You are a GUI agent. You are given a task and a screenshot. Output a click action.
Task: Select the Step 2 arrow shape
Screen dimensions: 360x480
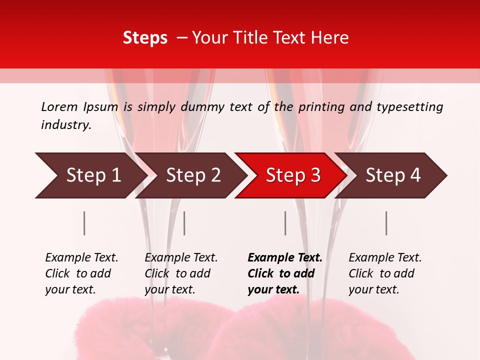pyautogui.click(x=192, y=175)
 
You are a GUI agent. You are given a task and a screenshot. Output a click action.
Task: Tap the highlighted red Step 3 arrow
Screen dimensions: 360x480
pyautogui.click(x=292, y=175)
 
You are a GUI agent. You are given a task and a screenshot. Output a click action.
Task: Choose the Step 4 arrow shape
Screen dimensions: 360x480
pyautogui.click(x=392, y=175)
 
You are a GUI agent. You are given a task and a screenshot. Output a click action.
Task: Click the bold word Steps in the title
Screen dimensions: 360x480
pyautogui.click(x=145, y=38)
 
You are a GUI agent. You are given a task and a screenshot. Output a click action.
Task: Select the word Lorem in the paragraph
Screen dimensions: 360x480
pyautogui.click(x=59, y=106)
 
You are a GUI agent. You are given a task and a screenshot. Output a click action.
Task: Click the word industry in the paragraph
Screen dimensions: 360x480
pyautogui.click(x=66, y=124)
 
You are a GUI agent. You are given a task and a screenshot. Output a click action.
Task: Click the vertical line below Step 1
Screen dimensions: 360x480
pyautogui.click(x=84, y=223)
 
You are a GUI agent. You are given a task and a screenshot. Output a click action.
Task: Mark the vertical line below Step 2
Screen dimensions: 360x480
pyautogui.click(x=184, y=223)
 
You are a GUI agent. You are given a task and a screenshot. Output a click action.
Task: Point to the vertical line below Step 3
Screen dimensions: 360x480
pyautogui.click(x=285, y=223)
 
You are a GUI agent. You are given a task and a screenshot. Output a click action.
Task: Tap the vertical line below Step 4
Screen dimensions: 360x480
pyautogui.click(x=386, y=223)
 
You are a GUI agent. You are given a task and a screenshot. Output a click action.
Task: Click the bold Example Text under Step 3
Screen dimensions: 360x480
pyautogui.click(x=285, y=258)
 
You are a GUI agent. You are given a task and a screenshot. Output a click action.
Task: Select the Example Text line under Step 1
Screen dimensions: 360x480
pyautogui.click(x=81, y=258)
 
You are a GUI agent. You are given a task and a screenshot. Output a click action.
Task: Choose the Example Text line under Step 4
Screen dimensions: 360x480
pyautogui.click(x=385, y=258)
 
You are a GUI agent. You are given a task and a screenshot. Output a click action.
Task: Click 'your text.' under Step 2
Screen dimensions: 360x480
pyautogui.click(x=169, y=289)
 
